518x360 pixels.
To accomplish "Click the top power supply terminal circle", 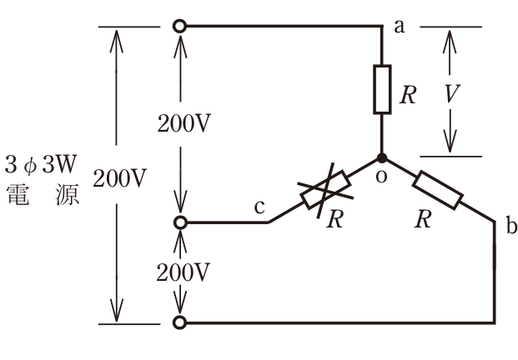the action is (180, 26).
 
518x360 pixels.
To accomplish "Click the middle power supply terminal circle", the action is (180, 222).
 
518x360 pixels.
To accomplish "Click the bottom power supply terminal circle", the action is (180, 322).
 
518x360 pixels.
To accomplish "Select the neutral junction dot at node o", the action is (382, 158).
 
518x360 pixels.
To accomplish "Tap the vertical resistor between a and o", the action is (382, 89).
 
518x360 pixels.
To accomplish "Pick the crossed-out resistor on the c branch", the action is (326, 190).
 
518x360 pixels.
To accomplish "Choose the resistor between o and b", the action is (437, 190).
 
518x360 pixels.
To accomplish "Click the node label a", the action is (399, 26).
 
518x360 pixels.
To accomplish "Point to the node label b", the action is (511, 226).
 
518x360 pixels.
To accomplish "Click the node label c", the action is (259, 207).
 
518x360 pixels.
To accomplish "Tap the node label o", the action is (381, 177).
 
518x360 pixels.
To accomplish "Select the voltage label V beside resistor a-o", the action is (451, 93).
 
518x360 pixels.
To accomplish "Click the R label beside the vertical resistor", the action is (408, 95).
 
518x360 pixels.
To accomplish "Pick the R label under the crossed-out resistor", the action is (335, 219).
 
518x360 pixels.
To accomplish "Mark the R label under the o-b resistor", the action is (423, 219).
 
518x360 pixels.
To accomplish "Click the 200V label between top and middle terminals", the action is (184, 123).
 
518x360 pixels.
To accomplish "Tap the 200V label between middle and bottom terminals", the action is (183, 272).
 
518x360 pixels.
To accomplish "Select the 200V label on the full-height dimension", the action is (119, 178).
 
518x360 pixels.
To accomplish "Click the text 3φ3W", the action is (41, 164).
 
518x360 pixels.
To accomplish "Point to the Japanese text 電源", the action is (43, 195).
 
